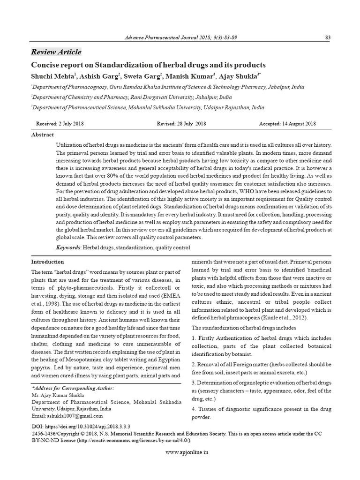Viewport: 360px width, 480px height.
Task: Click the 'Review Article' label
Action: click(56, 52)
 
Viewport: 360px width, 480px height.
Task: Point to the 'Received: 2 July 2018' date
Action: click(60, 124)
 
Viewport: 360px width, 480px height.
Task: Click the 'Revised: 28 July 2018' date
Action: click(181, 124)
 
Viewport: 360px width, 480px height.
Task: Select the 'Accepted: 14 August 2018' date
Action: click(287, 124)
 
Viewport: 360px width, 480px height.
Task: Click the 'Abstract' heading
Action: click(42, 135)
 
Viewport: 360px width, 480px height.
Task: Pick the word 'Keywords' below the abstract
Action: click(68, 247)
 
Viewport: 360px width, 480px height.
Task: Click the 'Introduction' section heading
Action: click(47, 262)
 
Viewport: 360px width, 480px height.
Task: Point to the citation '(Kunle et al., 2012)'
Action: click(277, 318)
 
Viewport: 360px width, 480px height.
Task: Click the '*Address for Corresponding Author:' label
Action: click(72, 389)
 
